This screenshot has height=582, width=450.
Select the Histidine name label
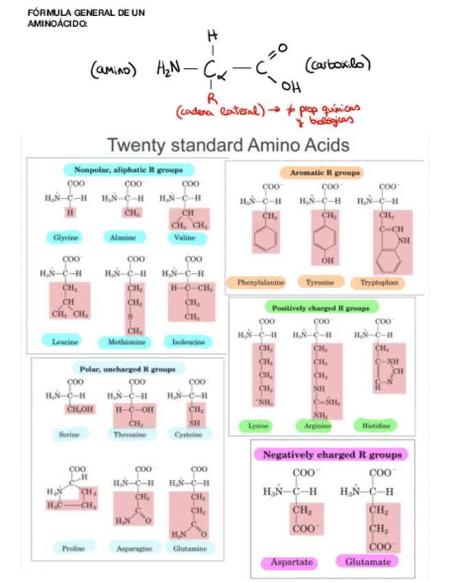376,426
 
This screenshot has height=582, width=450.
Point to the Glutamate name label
367,561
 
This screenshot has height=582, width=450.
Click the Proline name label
73,548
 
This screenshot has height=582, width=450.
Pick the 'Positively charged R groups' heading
320,308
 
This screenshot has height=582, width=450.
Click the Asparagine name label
134,548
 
